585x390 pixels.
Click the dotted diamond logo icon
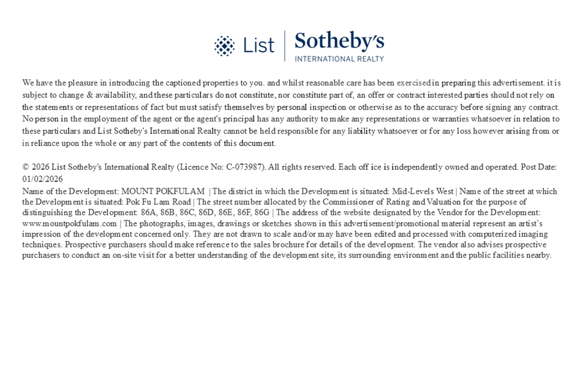[x=224, y=46]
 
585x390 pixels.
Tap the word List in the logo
[x=259, y=46]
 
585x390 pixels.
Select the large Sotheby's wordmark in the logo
[x=339, y=41]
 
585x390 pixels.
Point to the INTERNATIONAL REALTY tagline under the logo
[x=339, y=59]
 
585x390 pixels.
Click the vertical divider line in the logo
[x=285, y=46]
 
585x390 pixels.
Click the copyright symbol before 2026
[x=26, y=167]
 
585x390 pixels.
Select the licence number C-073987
[x=245, y=167]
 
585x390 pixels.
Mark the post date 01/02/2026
[x=42, y=179]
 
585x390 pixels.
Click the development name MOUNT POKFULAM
[x=163, y=192]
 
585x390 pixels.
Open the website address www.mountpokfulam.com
[x=70, y=224]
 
